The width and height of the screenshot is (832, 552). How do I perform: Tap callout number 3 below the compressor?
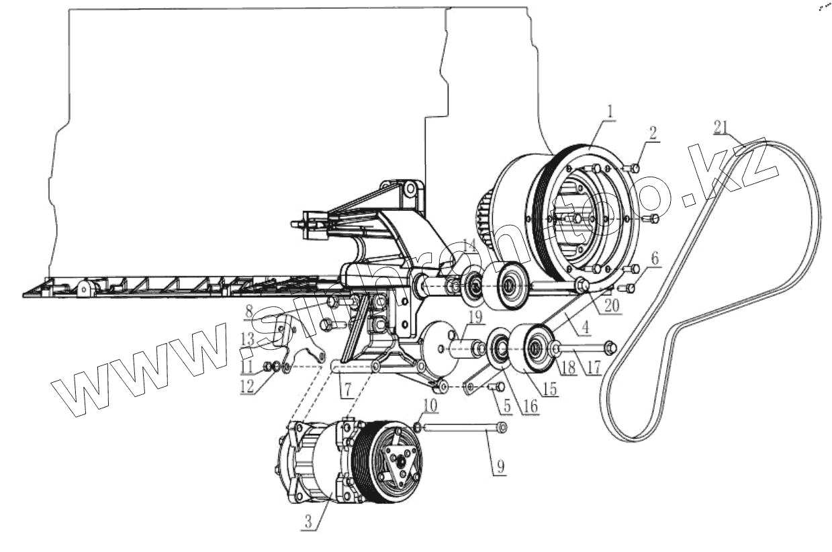(x=309, y=522)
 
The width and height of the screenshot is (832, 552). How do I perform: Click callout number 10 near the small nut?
(x=430, y=405)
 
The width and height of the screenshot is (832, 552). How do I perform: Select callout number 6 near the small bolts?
(x=655, y=257)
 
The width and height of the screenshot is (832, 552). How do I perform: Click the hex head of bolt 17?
(x=610, y=347)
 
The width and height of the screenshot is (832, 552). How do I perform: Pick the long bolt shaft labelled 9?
(x=463, y=427)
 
